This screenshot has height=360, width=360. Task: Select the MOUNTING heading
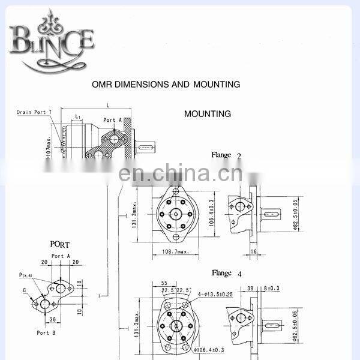coord(207,113)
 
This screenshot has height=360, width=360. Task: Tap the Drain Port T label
coord(34,112)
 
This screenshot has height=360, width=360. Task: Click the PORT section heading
coord(60,244)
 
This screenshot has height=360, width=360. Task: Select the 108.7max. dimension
coord(175,252)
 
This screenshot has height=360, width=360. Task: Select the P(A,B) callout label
coord(26,275)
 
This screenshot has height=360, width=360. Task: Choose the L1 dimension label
coord(79,116)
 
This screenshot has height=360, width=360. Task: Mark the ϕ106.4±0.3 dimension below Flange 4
coord(211,349)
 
